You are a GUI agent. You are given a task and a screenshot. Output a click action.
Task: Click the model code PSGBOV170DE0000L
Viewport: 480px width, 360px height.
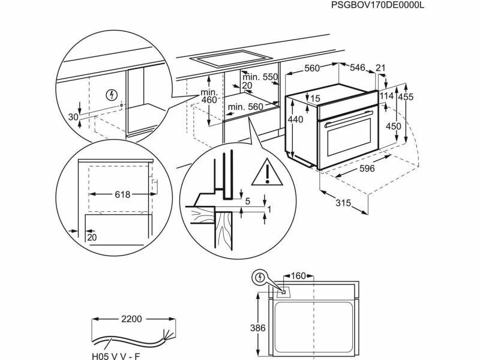pos(377,5)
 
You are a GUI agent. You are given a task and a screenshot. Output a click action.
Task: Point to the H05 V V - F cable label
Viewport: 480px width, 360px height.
pos(116,356)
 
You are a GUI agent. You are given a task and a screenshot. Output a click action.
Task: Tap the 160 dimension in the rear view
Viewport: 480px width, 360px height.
pos(298,276)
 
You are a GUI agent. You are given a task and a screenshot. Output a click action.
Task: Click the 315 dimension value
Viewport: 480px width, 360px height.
pos(343,203)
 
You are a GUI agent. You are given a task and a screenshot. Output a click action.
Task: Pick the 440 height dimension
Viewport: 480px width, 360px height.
pos(296,119)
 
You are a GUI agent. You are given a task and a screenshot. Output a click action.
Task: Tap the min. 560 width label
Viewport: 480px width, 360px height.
pos(246,107)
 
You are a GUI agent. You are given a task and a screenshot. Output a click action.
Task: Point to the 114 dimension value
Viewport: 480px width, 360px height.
pos(386,97)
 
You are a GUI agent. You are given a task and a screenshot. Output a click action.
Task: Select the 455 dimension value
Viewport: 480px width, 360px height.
pos(406,97)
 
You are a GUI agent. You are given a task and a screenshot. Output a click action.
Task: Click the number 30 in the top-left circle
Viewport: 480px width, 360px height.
pos(73,117)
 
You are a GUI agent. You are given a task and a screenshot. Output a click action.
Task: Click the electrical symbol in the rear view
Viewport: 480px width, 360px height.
pos(260,277)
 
